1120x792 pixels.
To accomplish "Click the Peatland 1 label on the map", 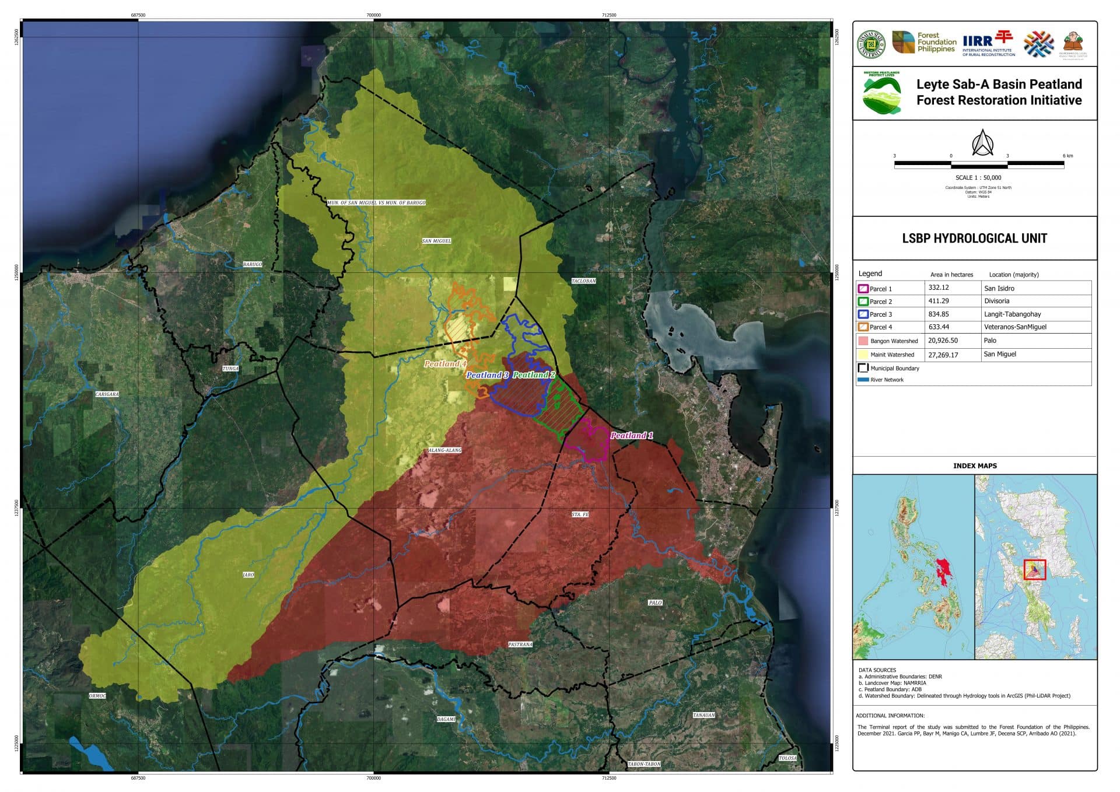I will [x=631, y=436].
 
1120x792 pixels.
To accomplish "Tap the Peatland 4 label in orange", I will [x=445, y=363].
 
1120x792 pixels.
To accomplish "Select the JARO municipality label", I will [x=249, y=575].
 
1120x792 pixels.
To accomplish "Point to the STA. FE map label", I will [x=580, y=514].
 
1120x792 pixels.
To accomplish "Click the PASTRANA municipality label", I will [x=520, y=644].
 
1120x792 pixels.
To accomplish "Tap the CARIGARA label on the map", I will [x=107, y=394].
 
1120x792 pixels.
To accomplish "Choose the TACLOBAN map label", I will [x=583, y=281].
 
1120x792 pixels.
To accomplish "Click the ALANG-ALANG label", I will [x=444, y=450].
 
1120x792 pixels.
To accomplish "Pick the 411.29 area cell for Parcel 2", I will [x=939, y=301].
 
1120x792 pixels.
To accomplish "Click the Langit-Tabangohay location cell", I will [x=1012, y=314].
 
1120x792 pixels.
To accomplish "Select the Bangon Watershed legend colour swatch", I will [x=863, y=341].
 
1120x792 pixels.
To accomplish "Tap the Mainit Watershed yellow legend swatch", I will [x=863, y=355].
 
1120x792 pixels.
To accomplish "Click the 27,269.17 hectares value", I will [x=943, y=354].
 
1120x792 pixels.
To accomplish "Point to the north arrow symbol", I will [x=982, y=143].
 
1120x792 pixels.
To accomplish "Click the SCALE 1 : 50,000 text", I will [x=978, y=177].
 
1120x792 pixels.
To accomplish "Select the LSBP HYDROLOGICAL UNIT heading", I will [x=974, y=238].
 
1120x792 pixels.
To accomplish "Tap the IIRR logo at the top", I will [x=988, y=43].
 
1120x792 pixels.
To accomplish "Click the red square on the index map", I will [x=1035, y=569].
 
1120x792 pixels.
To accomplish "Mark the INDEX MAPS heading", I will [x=975, y=465].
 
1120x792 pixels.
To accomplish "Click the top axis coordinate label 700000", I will [x=373, y=15].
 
